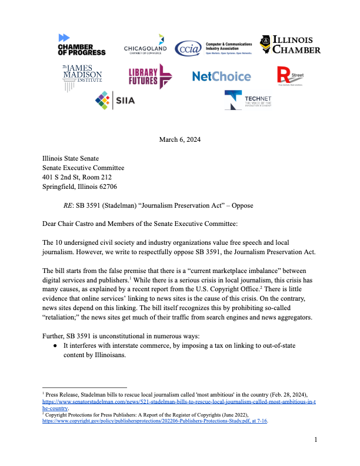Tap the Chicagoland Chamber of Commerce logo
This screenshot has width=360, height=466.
145,45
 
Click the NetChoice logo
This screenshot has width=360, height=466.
221,76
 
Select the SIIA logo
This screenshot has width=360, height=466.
115,100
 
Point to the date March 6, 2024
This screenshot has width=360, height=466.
180,139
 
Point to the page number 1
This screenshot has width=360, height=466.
315,440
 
